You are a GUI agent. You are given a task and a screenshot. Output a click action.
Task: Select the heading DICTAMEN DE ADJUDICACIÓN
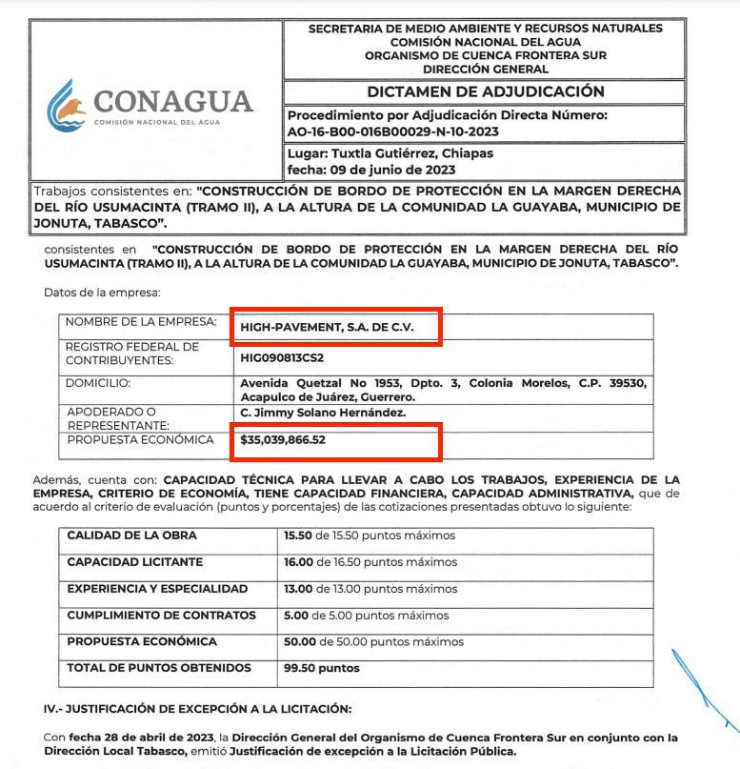pyautogui.click(x=486, y=91)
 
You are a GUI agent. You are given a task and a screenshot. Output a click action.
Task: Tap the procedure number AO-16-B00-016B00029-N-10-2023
pyautogui.click(x=392, y=132)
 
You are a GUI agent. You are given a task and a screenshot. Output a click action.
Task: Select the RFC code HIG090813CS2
pyautogui.click(x=283, y=358)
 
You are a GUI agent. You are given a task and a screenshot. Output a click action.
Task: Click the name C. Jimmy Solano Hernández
pyautogui.click(x=324, y=412)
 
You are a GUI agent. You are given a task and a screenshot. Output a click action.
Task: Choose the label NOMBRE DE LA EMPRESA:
pyautogui.click(x=141, y=321)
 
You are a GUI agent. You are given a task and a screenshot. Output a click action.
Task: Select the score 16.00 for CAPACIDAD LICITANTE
pyautogui.click(x=299, y=562)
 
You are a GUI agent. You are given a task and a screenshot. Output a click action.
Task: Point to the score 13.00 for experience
pyautogui.click(x=299, y=589)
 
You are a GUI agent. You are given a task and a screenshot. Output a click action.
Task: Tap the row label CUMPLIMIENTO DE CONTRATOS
pyautogui.click(x=161, y=615)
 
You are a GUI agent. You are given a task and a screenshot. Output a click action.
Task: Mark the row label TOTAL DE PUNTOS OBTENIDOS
pyautogui.click(x=159, y=667)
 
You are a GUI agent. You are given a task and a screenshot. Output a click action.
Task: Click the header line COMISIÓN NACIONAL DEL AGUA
pyautogui.click(x=486, y=42)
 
